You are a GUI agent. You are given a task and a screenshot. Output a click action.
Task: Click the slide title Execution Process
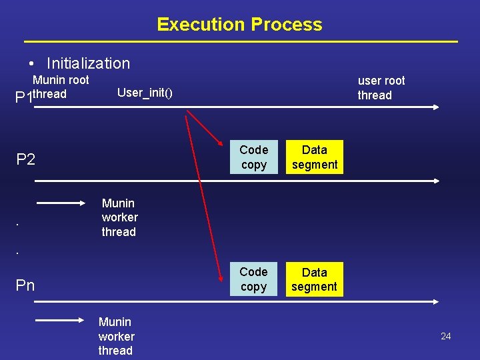(x=239, y=25)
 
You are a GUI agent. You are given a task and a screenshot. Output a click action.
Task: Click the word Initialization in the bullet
(x=88, y=63)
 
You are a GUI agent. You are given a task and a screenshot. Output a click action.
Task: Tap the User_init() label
(x=145, y=92)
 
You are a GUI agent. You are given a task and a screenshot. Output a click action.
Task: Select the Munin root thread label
(x=60, y=87)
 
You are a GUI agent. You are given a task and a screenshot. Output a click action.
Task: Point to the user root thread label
(x=381, y=87)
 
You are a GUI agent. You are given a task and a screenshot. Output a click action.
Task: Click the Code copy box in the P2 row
(x=253, y=157)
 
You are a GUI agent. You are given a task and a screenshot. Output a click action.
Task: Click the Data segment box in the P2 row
(x=315, y=157)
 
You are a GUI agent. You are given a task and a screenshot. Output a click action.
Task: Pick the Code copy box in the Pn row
(x=253, y=279)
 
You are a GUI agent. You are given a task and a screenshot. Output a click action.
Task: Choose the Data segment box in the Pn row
(x=315, y=279)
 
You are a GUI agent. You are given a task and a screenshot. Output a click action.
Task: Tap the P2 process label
(x=25, y=159)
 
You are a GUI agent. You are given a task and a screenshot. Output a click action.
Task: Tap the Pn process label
(x=25, y=285)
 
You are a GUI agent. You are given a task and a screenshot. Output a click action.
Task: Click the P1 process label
(x=23, y=98)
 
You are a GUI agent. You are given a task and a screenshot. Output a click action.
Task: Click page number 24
(x=445, y=336)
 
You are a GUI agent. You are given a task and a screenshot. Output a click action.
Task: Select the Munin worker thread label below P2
(x=119, y=217)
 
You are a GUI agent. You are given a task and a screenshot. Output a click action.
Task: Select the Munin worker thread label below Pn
(x=116, y=336)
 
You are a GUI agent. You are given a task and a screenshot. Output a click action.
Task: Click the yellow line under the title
(x=239, y=42)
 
